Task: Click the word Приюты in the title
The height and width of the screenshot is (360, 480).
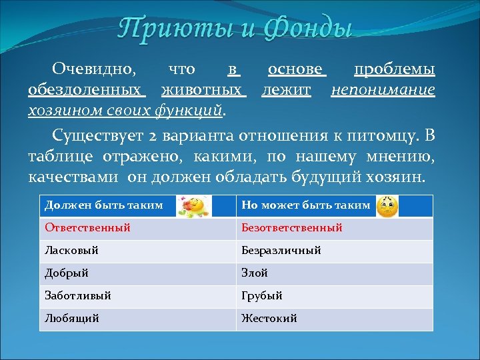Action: pyautogui.click(x=168, y=29)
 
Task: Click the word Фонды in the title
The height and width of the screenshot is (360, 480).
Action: pyautogui.click(x=308, y=29)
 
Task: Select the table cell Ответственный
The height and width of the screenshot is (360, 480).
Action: pyautogui.click(x=87, y=228)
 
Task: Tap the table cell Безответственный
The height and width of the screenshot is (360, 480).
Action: pyautogui.click(x=292, y=228)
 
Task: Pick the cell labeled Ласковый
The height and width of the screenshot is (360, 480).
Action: pyautogui.click(x=71, y=251)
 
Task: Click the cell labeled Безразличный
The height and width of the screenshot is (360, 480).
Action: pyautogui.click(x=281, y=251)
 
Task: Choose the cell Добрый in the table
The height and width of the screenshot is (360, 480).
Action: pyautogui.click(x=67, y=273)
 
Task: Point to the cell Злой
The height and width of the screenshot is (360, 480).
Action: pyautogui.click(x=255, y=273)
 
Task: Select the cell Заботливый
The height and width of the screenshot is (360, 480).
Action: pyautogui.click(x=78, y=295)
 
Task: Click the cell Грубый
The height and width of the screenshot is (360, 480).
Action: pyautogui.click(x=262, y=295)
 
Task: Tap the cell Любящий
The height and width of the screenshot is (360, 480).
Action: pyautogui.click(x=72, y=319)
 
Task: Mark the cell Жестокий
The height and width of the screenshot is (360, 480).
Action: pyautogui.click(x=269, y=319)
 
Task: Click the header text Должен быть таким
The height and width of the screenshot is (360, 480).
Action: pyautogui.click(x=104, y=205)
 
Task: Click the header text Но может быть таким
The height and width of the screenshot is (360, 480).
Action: pyautogui.click(x=305, y=205)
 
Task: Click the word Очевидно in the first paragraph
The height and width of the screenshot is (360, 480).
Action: pyautogui.click(x=94, y=70)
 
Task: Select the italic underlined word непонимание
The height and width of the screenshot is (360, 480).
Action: pyautogui.click(x=383, y=89)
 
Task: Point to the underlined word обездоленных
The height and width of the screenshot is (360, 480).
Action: pyautogui.click(x=85, y=89)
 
